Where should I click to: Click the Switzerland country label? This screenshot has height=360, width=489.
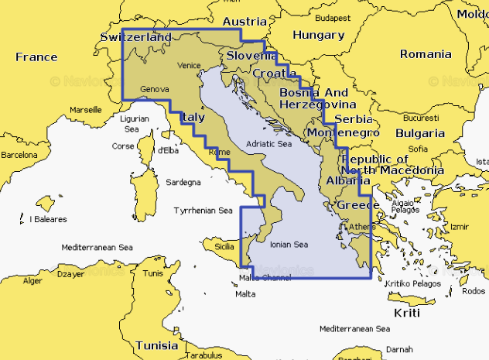pos(135,37)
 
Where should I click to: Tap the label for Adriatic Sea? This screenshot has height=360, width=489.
pos(268,144)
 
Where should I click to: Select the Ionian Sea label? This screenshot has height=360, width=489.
pos(289,245)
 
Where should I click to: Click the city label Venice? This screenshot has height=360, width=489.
pos(189,66)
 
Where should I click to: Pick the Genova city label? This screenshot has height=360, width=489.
pos(155,90)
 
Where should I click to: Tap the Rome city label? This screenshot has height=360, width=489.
pos(220,153)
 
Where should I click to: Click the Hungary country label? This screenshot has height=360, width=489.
pos(318,35)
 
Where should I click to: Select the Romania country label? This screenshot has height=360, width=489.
pos(425,54)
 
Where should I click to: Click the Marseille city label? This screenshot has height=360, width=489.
pos(86,110)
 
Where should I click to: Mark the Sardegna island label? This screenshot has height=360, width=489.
pos(184,183)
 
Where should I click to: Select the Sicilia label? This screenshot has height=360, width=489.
pos(224,246)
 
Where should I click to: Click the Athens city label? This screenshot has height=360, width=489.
pos(362,227)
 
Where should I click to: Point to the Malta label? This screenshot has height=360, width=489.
pos(244,294)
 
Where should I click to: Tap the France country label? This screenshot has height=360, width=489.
pos(36,57)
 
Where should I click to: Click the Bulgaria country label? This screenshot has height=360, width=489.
pos(419,132)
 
